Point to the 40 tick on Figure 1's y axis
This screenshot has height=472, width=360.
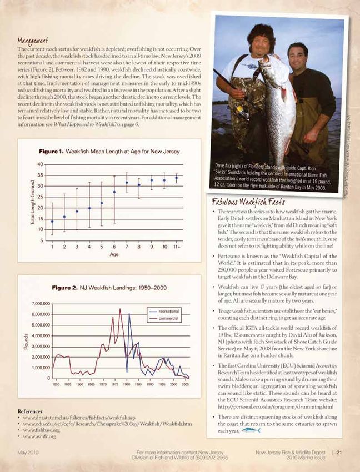pos(41,164)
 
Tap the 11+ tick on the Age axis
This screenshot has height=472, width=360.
pos(176,246)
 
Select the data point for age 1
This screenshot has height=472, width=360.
pos(52,222)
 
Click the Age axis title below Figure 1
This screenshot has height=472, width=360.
pos(114,255)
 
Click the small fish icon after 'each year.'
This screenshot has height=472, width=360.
pos(251,429)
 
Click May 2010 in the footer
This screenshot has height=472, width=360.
pos(27,451)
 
